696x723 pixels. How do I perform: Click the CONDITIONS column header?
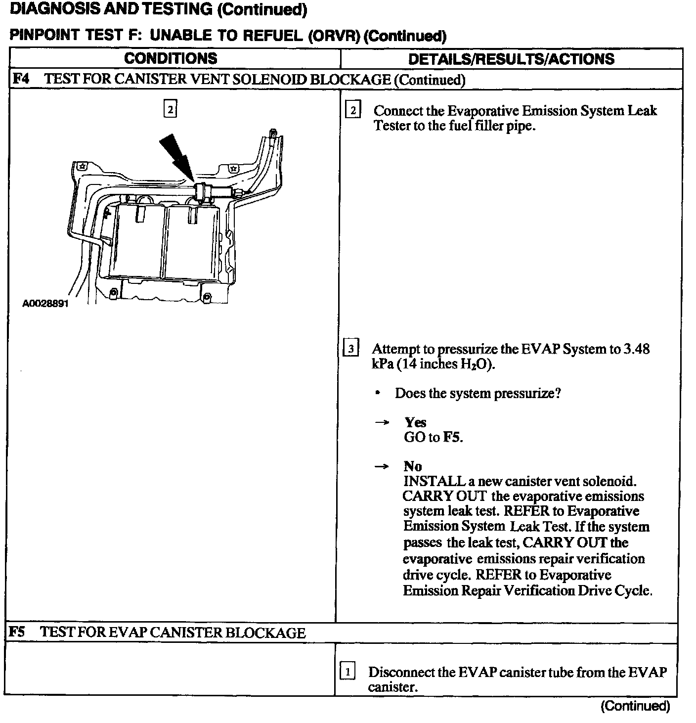(x=171, y=58)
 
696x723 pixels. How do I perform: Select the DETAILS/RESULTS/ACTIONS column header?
(x=511, y=59)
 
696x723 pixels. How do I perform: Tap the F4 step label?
(x=20, y=79)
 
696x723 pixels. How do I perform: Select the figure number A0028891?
(x=45, y=303)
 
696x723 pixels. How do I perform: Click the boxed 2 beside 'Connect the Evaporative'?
(x=352, y=110)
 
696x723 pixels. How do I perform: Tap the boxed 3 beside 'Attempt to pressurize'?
(x=350, y=349)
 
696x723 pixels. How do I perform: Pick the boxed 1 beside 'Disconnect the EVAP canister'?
(x=348, y=672)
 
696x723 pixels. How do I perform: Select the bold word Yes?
(x=415, y=422)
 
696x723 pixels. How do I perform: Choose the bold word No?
(x=413, y=466)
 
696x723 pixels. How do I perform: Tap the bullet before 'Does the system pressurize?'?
(x=378, y=393)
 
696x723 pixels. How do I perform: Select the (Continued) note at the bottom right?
(x=635, y=706)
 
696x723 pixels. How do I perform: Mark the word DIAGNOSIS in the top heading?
(x=47, y=9)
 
